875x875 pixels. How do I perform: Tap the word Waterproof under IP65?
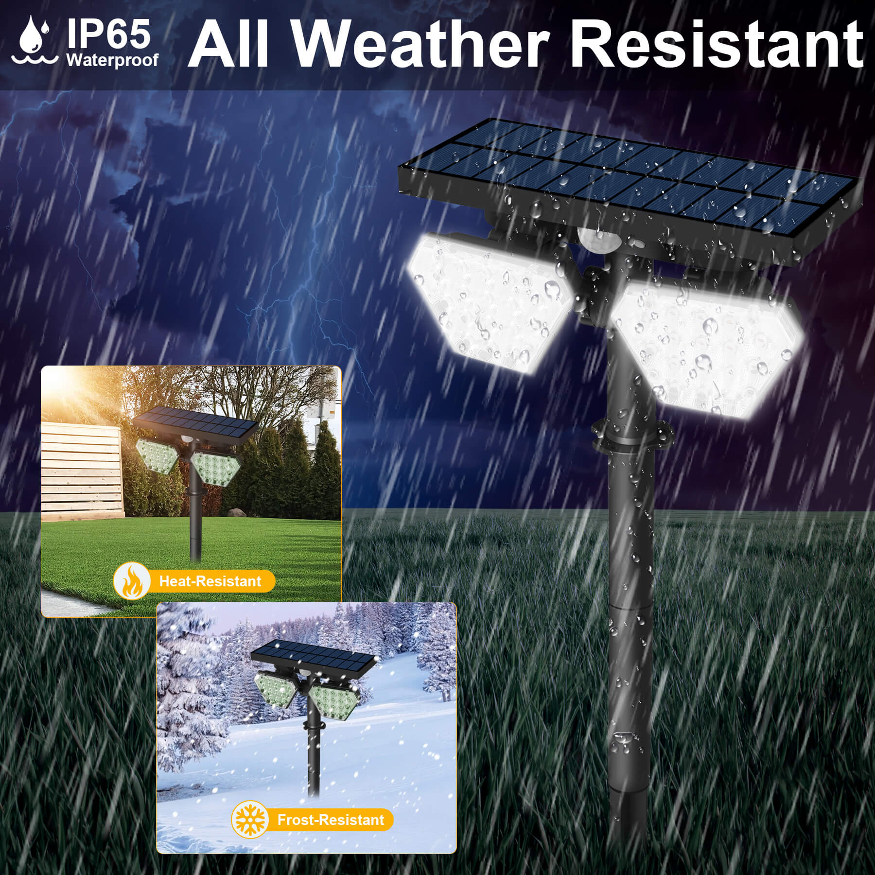112,60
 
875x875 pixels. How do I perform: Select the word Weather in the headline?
421,44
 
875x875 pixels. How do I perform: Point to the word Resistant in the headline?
716,44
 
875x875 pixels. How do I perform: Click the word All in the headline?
228,44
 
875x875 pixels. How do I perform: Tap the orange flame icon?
131,580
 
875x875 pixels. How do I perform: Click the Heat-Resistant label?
210,581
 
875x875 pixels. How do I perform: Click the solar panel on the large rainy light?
627,182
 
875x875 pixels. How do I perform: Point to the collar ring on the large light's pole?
632,432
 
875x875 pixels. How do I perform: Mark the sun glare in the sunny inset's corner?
73,389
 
